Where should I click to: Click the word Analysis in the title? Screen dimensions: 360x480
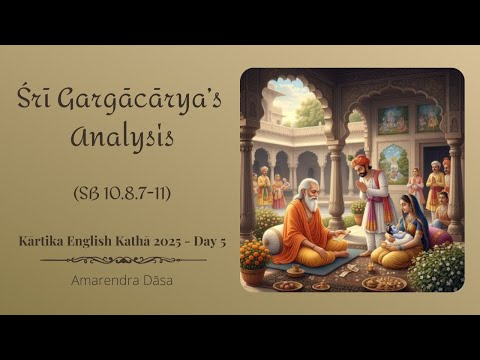click(x=123, y=136)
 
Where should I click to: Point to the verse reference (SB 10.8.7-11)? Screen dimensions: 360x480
click(x=122, y=192)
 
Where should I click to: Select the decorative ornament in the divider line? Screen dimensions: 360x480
click(x=122, y=260)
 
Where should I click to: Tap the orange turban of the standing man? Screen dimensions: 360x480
click(x=362, y=161)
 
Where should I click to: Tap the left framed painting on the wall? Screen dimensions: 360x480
click(x=391, y=119)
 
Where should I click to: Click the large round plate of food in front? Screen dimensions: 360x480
click(x=384, y=282)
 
